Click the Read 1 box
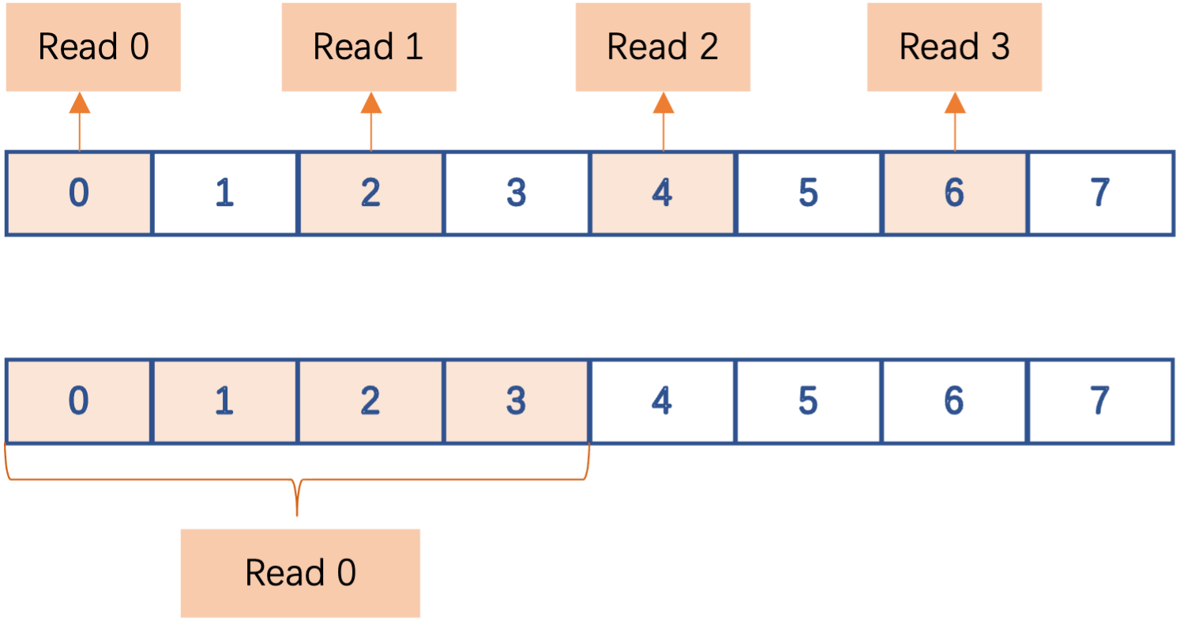[x=369, y=47]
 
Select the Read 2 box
[x=662, y=47]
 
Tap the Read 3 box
[x=954, y=47]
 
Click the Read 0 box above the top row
[x=93, y=47]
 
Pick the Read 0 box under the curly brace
[x=300, y=572]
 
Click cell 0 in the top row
[x=78, y=193]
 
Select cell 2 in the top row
[x=370, y=193]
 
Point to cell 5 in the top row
[x=808, y=193]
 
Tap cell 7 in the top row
[x=1099, y=193]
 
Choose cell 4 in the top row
[x=662, y=193]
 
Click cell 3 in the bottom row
[x=516, y=401]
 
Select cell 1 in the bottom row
[x=224, y=401]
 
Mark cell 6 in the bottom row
[x=954, y=401]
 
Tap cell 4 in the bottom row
[x=662, y=401]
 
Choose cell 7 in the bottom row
[x=1099, y=401]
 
